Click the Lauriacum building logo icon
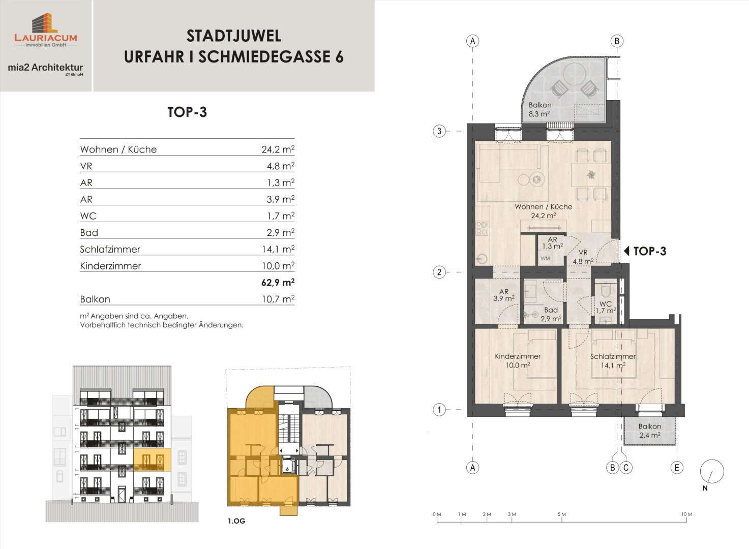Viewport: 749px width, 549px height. [45, 23]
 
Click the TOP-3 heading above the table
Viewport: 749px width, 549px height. [187, 112]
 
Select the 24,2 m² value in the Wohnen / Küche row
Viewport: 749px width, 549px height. [278, 149]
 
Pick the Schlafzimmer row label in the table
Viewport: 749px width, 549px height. [110, 249]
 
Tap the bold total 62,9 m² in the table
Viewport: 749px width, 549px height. [278, 283]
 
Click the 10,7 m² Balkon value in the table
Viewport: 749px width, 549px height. [278, 299]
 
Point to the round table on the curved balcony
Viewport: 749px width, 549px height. [574, 74]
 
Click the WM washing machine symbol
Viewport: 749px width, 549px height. [545, 258]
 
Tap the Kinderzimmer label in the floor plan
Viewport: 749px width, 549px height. [518, 356]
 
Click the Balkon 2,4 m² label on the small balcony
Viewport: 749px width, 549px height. [650, 431]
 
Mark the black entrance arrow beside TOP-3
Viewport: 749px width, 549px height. [626, 251]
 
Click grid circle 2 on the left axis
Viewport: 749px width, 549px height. [439, 272]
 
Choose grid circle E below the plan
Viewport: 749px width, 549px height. [677, 468]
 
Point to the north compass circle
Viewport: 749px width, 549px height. [712, 471]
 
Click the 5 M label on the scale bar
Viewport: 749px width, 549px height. [562, 514]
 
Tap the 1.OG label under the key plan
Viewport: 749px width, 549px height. [236, 521]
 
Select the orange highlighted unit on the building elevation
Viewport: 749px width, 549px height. [152, 460]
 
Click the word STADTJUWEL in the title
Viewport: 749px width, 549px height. [234, 36]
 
